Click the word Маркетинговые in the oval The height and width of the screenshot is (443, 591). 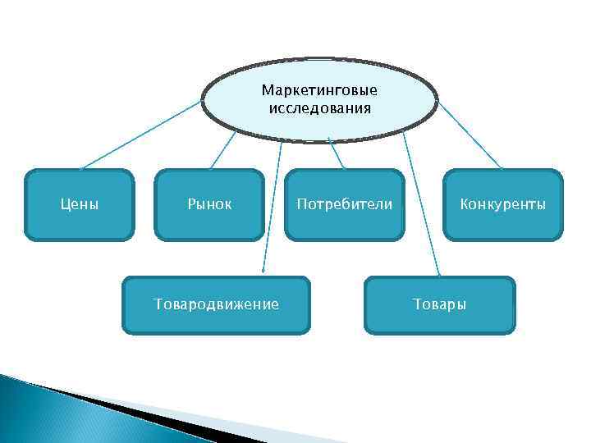[x=319, y=89]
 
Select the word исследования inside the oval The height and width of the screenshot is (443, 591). [x=319, y=107]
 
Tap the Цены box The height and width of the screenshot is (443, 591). [x=80, y=204]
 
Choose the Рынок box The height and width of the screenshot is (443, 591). [x=209, y=204]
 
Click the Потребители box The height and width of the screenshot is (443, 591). [x=344, y=204]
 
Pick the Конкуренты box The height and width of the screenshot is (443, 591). [x=502, y=204]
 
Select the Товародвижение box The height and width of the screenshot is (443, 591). [x=217, y=304]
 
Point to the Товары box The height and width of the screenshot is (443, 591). [x=440, y=304]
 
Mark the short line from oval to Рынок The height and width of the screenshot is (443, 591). [x=224, y=151]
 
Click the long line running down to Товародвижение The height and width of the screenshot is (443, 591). [x=272, y=205]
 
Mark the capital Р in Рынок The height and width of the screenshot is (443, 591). [x=191, y=204]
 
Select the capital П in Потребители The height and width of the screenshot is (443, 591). [x=301, y=204]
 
